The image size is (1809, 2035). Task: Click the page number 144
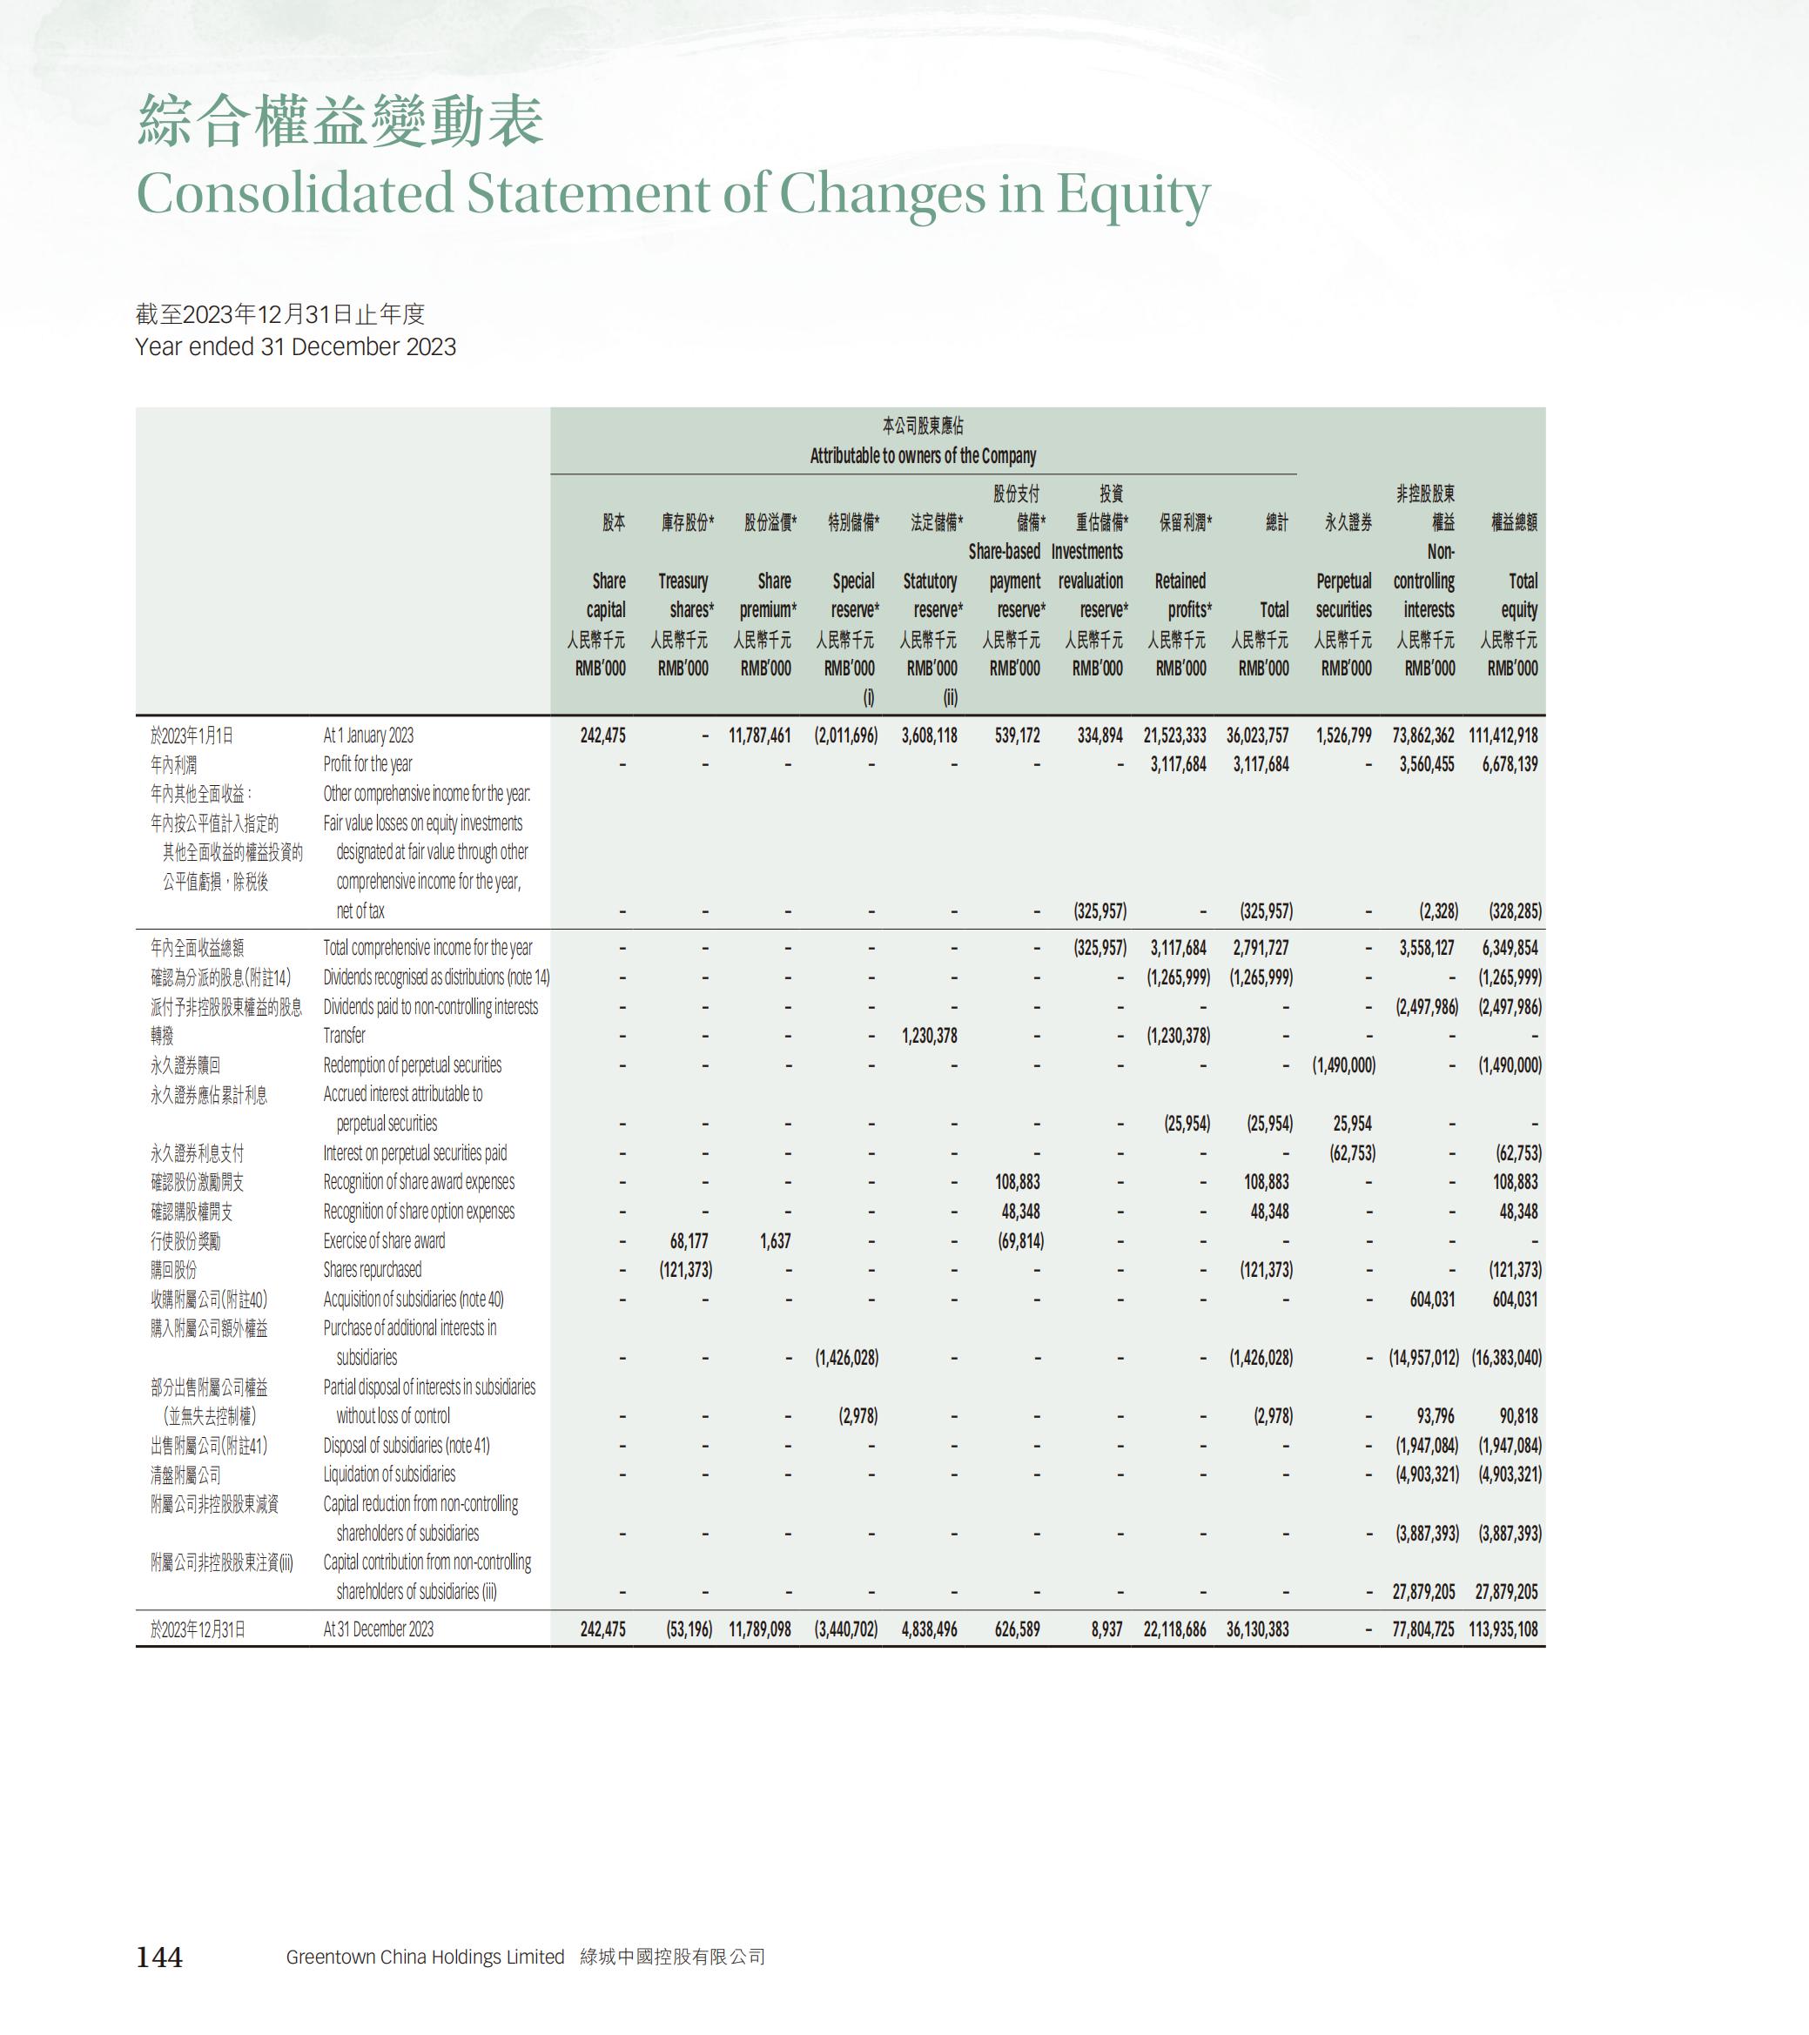159,1957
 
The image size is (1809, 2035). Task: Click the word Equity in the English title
1133,193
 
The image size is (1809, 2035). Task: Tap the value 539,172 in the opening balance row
1017,735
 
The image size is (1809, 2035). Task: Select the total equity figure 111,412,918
1503,735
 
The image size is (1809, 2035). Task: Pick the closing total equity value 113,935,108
1503,1629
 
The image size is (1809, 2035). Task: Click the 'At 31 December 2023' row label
379,1629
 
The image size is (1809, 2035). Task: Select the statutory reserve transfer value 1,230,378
929,1036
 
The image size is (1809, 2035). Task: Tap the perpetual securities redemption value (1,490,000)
1343,1065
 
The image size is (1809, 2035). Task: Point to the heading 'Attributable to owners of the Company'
923,456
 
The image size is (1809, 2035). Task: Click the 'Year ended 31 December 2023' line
296,346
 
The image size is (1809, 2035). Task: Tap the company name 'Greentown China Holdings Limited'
425,1957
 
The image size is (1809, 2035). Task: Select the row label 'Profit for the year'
367,764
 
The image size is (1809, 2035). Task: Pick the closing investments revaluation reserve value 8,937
1106,1629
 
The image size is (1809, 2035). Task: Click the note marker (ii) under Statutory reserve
950,698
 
